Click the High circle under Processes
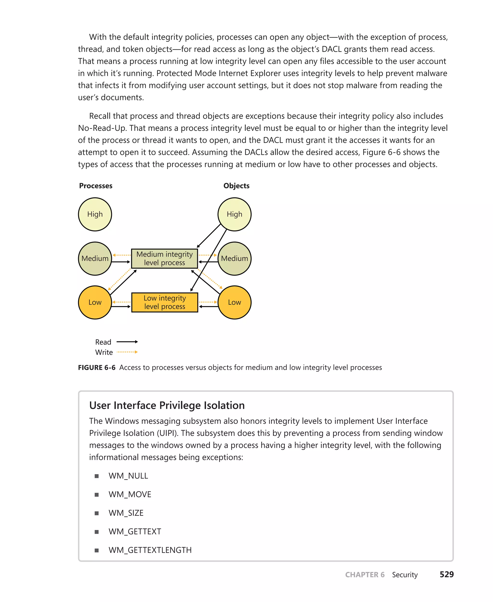95,214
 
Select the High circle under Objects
234,214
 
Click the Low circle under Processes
95,302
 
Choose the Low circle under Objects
234,302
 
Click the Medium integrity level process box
164,258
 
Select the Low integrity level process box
164,302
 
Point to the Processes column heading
96,186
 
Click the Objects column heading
236,186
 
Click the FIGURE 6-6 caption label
97,368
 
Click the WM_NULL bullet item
128,476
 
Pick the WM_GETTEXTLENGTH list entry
150,550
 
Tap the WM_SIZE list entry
126,513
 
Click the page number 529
447,575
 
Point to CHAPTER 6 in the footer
365,575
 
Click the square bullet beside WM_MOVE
97,495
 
